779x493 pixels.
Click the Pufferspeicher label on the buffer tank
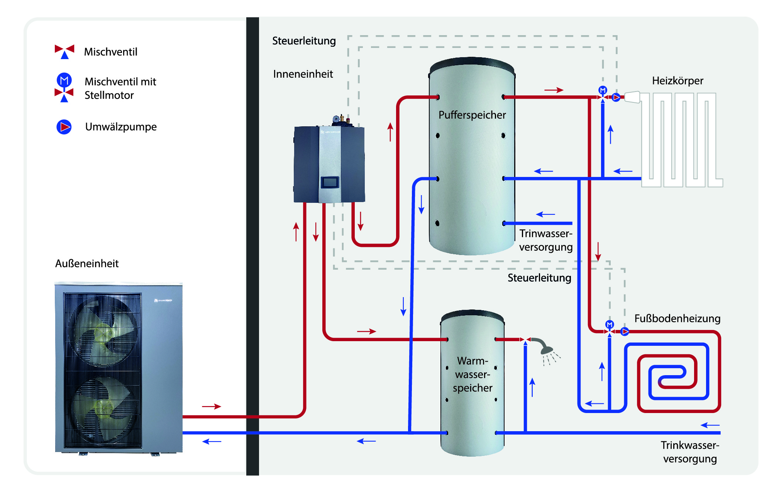[472, 115]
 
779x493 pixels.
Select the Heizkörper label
[677, 81]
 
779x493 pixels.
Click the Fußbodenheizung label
[677, 318]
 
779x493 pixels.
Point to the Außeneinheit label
[87, 263]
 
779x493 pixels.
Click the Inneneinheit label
[303, 74]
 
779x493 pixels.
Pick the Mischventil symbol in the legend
[64, 51]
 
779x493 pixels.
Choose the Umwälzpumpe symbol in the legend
[64, 127]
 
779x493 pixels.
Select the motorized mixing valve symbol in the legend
[64, 88]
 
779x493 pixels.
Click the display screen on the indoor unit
[330, 182]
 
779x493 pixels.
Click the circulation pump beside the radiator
[616, 97]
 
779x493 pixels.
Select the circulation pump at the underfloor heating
[625, 331]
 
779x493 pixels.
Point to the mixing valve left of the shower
[525, 340]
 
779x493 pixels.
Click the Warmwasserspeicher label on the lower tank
[472, 374]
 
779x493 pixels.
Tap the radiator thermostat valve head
[632, 97]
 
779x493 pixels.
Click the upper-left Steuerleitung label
[304, 41]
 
